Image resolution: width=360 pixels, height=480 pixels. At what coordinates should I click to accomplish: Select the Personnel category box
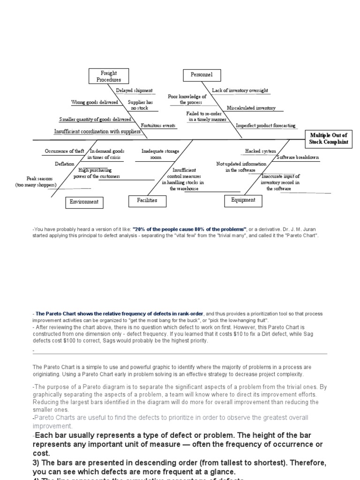(x=201, y=75)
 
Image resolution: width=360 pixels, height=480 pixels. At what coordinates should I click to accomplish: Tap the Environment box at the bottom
(x=84, y=202)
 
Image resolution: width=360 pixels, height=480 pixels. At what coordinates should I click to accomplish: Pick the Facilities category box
(x=147, y=200)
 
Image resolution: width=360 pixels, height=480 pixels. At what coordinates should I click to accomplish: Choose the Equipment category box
(x=243, y=200)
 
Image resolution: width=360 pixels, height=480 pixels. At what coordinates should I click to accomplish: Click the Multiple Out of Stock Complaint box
(x=329, y=139)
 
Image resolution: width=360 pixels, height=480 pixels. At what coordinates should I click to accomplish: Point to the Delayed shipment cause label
(x=134, y=90)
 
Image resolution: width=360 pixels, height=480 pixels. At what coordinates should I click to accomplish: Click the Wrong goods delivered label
(x=95, y=102)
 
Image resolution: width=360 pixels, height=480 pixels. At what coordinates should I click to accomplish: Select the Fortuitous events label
(x=158, y=126)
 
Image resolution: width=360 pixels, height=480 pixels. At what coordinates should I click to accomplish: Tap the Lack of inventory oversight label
(x=240, y=90)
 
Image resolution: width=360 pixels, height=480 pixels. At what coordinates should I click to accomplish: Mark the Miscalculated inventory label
(x=251, y=108)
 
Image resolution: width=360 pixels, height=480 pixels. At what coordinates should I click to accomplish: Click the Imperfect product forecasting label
(x=265, y=126)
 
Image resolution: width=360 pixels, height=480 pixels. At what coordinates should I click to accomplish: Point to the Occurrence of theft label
(x=65, y=151)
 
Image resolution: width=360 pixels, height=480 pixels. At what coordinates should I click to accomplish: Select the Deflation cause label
(x=64, y=164)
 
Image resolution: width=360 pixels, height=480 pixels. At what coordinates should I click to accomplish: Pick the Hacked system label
(x=261, y=151)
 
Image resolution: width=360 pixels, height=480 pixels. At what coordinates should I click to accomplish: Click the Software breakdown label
(x=298, y=157)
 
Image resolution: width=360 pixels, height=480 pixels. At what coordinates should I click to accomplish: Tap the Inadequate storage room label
(x=156, y=154)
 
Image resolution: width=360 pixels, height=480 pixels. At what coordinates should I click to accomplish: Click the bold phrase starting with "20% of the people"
(x=190, y=228)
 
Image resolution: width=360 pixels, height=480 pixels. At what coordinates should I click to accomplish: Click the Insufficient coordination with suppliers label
(x=97, y=132)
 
